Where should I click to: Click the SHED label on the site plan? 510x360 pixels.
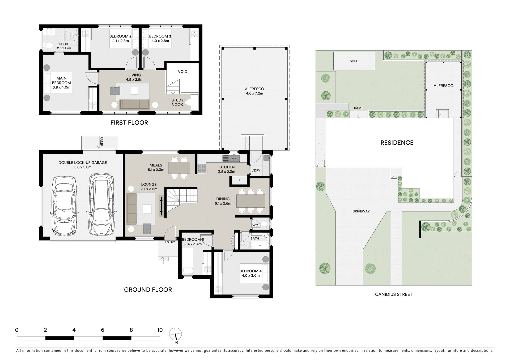click(354, 61)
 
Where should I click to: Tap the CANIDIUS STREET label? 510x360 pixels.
click(394, 294)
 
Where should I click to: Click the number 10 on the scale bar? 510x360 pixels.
click(160, 330)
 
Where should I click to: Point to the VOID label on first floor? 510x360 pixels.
click(182, 72)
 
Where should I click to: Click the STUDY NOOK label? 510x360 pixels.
click(177, 102)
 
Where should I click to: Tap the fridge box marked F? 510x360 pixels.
click(239, 180)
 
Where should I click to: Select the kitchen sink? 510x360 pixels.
click(231, 158)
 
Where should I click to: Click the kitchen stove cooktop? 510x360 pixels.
click(201, 168)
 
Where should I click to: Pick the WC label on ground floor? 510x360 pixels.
click(255, 225)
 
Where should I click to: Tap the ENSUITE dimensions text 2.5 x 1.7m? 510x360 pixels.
click(64, 48)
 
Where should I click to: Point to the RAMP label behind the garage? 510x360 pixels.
click(101, 142)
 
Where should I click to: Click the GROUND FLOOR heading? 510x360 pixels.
click(148, 290)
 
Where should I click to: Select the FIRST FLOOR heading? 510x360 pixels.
click(129, 123)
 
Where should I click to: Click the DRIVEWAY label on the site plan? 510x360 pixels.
click(361, 211)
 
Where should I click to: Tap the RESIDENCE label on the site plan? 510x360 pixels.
click(397, 143)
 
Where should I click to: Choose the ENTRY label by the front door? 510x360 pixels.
click(170, 242)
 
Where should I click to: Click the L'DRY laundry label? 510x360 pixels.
click(256, 170)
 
